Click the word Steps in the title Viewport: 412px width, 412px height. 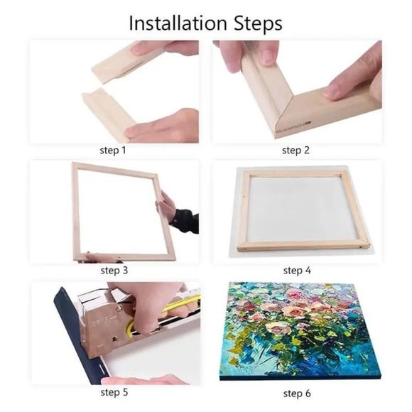[x=254, y=24]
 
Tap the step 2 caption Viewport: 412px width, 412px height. [x=296, y=151]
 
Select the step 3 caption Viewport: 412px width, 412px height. [x=114, y=271]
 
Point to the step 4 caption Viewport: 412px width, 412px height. [x=297, y=271]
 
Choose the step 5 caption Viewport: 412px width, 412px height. [x=114, y=392]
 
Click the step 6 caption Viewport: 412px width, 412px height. [x=297, y=392]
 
